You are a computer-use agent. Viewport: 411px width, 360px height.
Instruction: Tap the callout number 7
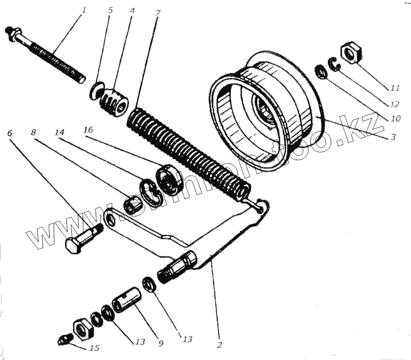pos(158,13)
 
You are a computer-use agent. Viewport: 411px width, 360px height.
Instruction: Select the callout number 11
pos(395,88)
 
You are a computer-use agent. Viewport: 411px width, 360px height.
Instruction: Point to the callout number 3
pos(392,138)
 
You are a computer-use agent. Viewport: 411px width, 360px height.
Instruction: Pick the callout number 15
pos(95,348)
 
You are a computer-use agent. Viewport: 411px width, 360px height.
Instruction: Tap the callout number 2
pos(219,345)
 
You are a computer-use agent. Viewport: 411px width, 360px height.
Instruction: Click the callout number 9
pos(161,343)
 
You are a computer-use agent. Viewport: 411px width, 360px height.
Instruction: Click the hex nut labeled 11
pos(351,52)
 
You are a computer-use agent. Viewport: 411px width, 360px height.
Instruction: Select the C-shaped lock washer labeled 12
pos(334,64)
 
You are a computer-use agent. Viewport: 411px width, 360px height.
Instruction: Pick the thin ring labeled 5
pos(96,89)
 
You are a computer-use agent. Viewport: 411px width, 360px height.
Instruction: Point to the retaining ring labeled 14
pos(149,191)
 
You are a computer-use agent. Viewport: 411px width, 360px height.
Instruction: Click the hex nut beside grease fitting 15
pos(83,328)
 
